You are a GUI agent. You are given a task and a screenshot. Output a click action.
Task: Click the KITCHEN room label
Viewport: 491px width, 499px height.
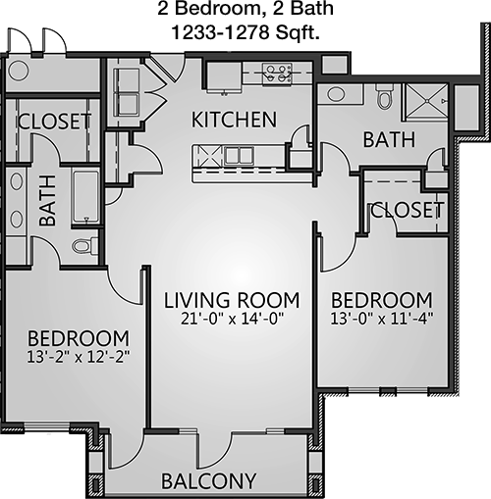tap(234, 120)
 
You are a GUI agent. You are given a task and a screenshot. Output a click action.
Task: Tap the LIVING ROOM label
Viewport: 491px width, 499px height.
tap(232, 300)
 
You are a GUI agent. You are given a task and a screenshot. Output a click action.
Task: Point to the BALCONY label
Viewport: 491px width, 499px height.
tap(209, 480)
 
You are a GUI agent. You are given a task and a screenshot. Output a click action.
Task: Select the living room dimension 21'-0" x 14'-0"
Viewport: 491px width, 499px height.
tap(232, 319)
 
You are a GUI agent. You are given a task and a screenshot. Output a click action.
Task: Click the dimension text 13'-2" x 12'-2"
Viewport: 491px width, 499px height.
tap(79, 357)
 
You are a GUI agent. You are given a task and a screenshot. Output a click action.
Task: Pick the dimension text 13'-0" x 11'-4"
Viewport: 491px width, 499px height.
tap(382, 319)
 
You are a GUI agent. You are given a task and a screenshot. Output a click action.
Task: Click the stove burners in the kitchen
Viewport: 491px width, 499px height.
tap(277, 74)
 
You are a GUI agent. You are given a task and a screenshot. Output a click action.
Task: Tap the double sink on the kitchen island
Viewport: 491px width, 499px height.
tap(240, 156)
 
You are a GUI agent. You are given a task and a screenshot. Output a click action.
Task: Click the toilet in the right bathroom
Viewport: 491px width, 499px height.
tap(384, 97)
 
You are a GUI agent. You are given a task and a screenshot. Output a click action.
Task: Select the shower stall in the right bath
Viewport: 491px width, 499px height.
tap(426, 101)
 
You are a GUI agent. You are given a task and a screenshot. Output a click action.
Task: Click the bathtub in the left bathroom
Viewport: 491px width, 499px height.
tap(85, 197)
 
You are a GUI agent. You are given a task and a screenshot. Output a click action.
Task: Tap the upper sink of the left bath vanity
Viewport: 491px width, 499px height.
tap(16, 181)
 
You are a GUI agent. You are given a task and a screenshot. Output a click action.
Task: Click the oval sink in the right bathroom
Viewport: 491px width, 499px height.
tap(336, 94)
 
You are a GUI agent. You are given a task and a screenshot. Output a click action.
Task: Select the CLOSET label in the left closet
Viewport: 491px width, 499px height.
tap(54, 122)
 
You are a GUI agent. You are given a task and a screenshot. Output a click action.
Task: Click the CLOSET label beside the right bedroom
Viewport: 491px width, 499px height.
tap(407, 210)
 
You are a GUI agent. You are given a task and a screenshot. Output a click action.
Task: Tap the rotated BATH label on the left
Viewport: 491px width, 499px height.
tap(48, 201)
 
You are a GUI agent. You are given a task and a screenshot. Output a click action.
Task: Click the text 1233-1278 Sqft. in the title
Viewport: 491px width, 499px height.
tap(245, 32)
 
